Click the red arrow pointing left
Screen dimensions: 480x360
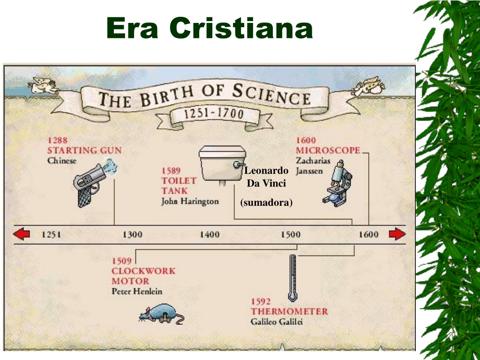22,234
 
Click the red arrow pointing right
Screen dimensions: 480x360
397,234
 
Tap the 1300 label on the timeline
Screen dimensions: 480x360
133,235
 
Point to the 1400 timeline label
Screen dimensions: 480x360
210,235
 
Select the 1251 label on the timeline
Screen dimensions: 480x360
52,235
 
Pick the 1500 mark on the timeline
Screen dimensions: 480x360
291,235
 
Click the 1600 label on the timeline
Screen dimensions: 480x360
368,235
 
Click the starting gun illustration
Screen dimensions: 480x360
93,182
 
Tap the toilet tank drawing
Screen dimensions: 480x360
223,165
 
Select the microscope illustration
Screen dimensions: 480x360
337,183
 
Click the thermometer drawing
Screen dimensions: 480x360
293,278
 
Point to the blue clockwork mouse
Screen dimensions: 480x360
161,314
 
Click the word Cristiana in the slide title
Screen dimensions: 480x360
241,28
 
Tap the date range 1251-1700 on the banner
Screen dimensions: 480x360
214,114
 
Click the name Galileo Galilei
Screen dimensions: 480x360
277,322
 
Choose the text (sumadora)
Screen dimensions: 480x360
266,202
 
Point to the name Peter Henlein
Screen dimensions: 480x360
137,291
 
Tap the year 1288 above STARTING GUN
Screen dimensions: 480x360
57,140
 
